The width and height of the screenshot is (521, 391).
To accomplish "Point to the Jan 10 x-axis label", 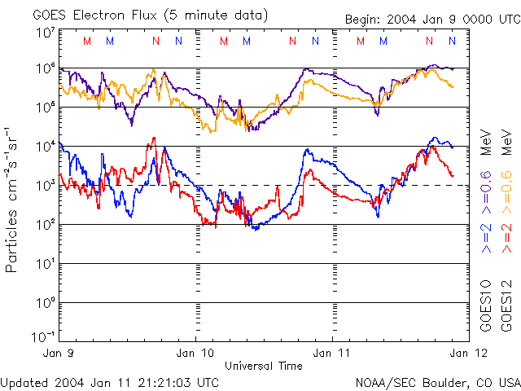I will (x=195, y=354).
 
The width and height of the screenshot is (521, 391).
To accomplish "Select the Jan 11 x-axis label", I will (x=332, y=354).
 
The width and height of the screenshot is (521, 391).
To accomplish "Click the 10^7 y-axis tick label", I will (x=45, y=33).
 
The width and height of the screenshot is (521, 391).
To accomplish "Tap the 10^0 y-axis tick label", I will (x=45, y=303).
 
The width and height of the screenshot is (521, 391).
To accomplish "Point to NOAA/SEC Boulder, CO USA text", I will (x=438, y=382).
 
